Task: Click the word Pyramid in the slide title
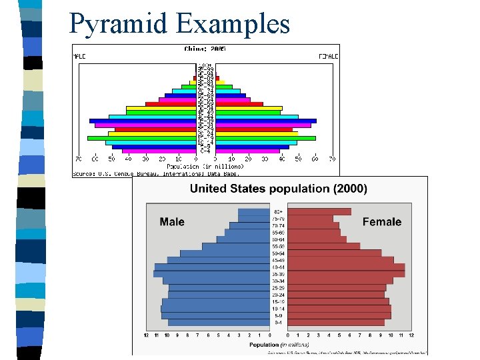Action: click(119, 24)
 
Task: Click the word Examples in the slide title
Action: click(233, 24)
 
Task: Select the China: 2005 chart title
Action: click(205, 49)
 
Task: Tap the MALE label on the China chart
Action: click(79, 57)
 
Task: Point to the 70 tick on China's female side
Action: click(332, 159)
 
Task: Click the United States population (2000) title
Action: click(278, 189)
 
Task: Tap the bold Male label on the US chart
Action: click(172, 222)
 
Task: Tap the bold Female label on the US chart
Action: click(381, 222)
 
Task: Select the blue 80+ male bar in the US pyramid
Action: click(253, 211)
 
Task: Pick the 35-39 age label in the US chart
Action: click(278, 273)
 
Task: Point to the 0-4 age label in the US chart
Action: click(278, 322)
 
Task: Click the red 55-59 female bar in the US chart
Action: click(323, 246)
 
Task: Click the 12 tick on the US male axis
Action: click(146, 335)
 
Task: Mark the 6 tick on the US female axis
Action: click(350, 335)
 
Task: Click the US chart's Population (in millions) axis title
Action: click(279, 345)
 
